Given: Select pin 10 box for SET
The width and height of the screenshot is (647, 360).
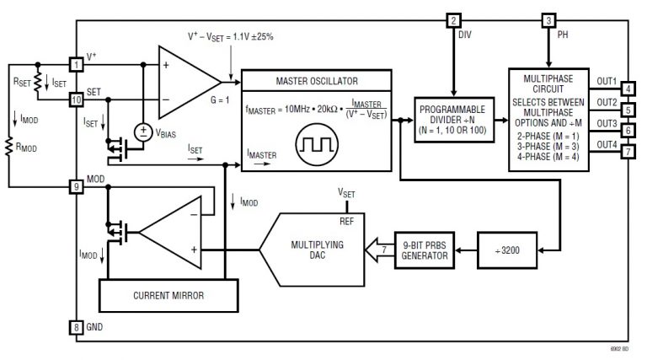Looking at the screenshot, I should click(76, 99).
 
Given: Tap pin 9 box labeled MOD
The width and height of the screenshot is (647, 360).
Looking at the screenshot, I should click(76, 185).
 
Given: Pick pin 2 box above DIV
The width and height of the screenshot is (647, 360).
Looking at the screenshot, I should click(455, 21).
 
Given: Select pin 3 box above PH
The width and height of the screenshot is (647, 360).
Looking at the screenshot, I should click(548, 21).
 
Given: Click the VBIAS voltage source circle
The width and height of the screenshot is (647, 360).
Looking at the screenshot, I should click(144, 132).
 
